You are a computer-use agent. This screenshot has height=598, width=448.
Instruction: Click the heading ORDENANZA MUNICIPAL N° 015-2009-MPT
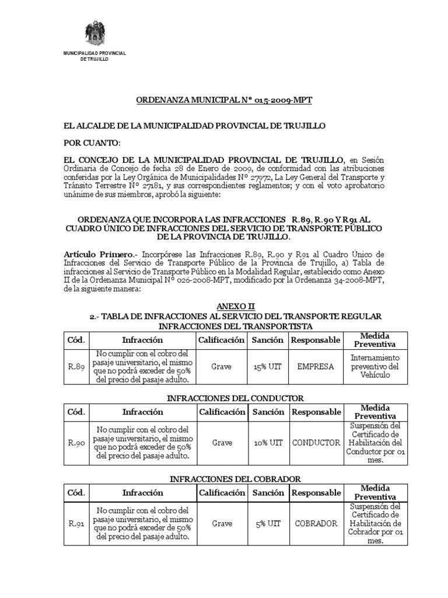pyautogui.click(x=225, y=100)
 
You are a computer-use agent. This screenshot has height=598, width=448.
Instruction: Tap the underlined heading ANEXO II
pyautogui.click(x=236, y=306)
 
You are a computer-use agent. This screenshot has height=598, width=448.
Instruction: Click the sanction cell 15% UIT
pyautogui.click(x=268, y=367)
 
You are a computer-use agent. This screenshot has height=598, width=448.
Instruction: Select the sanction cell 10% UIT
pyautogui.click(x=268, y=443)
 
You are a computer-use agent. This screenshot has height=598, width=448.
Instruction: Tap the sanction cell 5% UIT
pyautogui.click(x=268, y=524)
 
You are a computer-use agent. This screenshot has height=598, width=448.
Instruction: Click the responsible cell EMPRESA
pyautogui.click(x=316, y=367)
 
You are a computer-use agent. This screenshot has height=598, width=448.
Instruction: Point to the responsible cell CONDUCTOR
pyautogui.click(x=316, y=443)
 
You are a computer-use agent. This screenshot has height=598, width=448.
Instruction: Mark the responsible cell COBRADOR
pyautogui.click(x=316, y=524)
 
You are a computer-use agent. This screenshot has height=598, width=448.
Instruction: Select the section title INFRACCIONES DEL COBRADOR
pyautogui.click(x=236, y=479)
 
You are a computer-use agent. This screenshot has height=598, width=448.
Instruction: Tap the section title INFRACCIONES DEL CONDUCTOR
pyautogui.click(x=236, y=398)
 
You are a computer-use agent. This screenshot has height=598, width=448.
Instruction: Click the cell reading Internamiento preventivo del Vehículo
pyautogui.click(x=375, y=366)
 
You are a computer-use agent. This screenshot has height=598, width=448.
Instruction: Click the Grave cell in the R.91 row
pyautogui.click(x=222, y=524)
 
